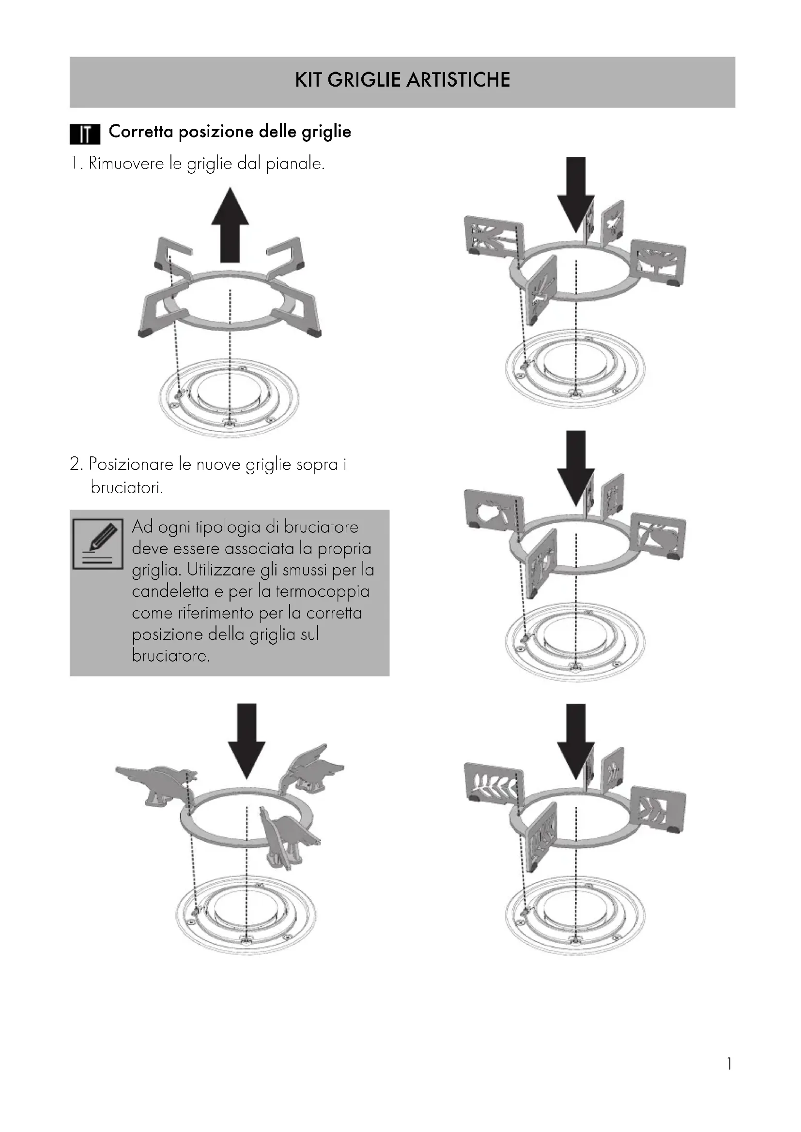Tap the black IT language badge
(85, 134)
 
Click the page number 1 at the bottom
(729, 1078)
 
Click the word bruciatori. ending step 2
(127, 488)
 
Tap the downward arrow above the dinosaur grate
(246, 741)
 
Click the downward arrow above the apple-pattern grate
(576, 468)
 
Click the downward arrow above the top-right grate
(576, 195)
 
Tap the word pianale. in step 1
(295, 164)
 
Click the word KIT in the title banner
(308, 79)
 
